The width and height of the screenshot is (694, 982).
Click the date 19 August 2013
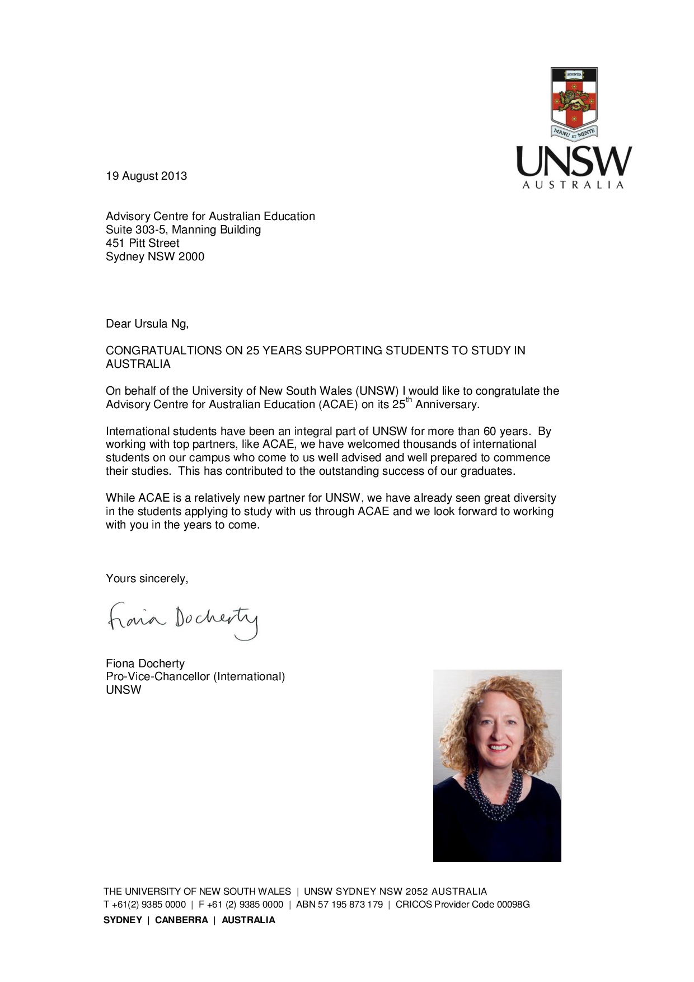(147, 176)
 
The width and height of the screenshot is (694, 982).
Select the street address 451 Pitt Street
(143, 243)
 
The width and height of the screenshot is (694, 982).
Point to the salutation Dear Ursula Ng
(147, 324)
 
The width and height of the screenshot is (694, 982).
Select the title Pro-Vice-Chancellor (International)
(195, 676)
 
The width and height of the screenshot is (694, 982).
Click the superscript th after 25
(409, 400)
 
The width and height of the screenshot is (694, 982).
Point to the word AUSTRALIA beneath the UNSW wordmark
(573, 185)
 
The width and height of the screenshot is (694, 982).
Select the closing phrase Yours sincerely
(147, 578)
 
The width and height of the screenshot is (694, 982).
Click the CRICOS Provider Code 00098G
(462, 904)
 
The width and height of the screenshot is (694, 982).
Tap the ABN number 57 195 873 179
(340, 904)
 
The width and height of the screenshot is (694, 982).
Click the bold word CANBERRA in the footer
(181, 920)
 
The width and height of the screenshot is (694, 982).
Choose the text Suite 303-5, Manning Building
(183, 230)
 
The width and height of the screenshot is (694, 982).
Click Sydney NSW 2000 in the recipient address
(155, 256)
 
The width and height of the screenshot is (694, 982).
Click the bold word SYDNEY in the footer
(123, 920)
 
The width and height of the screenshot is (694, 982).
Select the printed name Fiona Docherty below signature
(145, 663)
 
